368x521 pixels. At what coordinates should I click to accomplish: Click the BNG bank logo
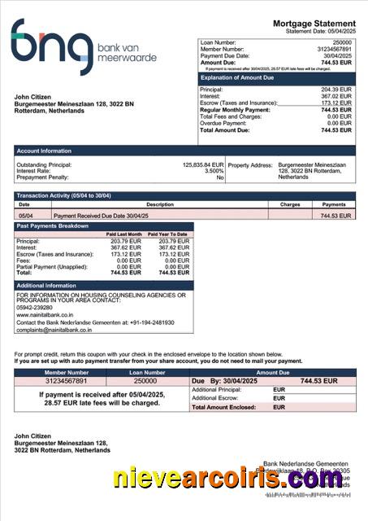pos(81,47)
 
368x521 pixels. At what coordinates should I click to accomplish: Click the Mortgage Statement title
pos(314,23)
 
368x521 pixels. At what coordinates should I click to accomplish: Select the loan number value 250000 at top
pos(342,41)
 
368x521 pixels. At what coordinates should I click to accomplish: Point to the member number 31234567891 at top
pos(335,48)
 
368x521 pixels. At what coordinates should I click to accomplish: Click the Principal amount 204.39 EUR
pos(336,89)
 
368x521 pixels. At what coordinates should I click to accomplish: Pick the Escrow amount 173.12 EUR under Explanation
pos(336,103)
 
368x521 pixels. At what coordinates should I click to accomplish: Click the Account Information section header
pos(45,150)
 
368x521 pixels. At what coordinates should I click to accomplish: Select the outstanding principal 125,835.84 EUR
pos(202,164)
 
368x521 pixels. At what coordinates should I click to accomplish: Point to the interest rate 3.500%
pos(214,171)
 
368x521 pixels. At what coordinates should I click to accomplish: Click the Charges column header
pos(290,204)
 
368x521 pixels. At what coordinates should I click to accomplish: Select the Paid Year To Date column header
pos(167,234)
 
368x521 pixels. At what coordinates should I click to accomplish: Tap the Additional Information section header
pos(47,286)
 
